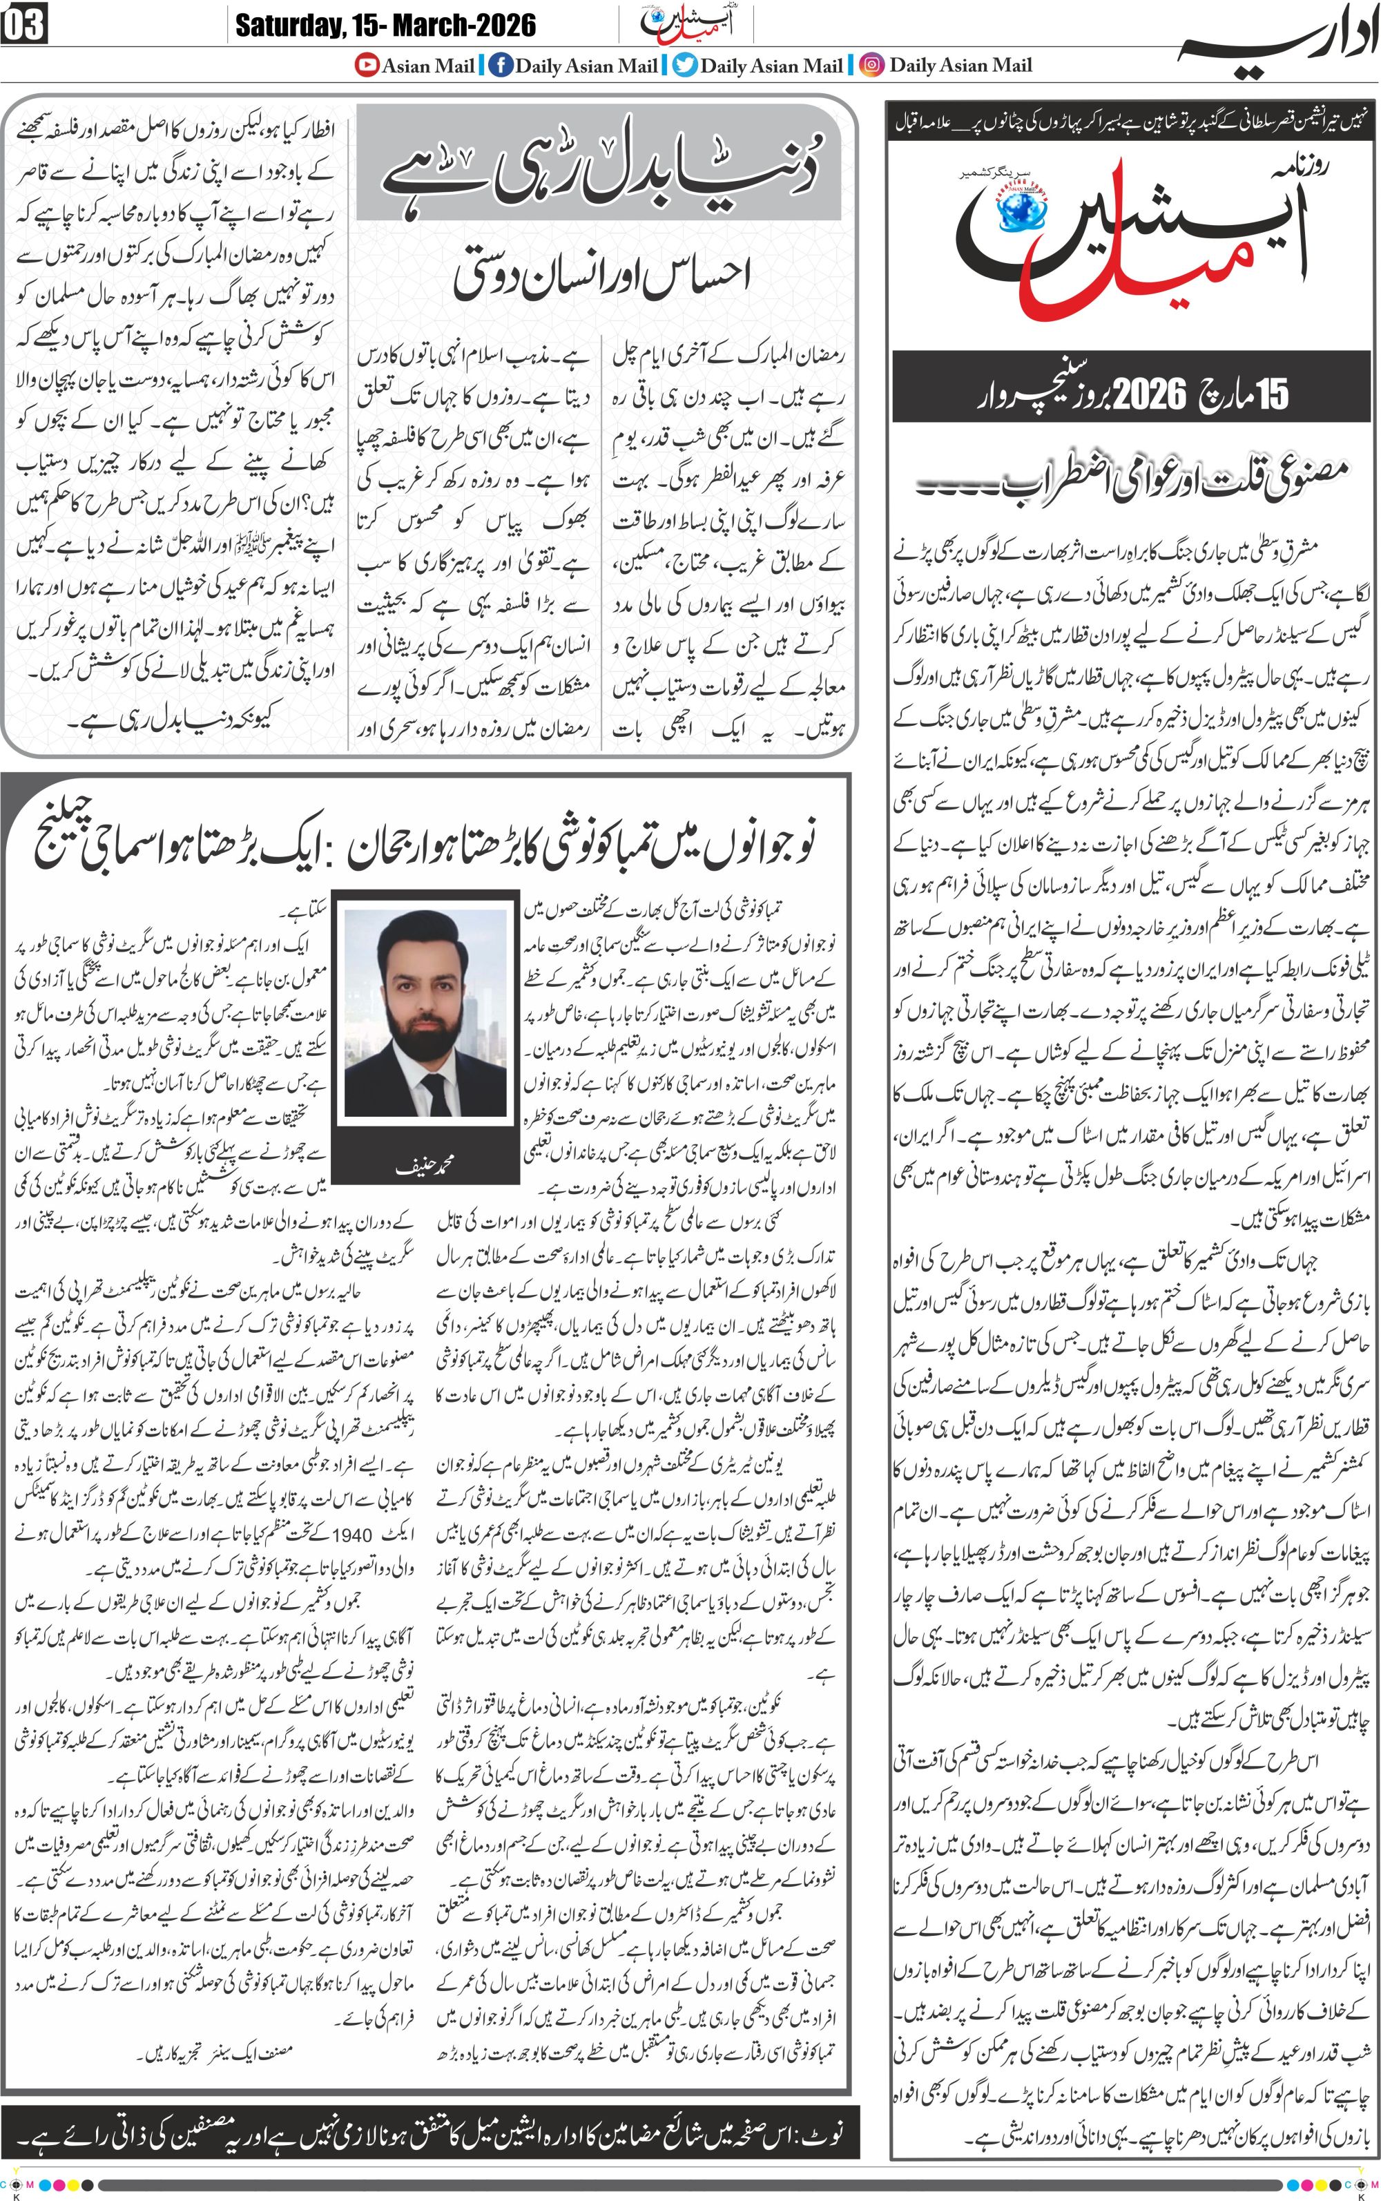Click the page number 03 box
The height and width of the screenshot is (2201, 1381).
tap(23, 25)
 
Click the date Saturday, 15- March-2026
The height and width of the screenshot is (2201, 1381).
tap(385, 25)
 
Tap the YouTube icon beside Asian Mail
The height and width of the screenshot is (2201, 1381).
tap(367, 65)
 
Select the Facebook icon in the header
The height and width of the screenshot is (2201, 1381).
tap(500, 65)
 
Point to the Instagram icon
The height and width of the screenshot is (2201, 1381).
tap(872, 65)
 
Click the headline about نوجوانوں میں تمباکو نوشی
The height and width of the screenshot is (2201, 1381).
tap(425, 844)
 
